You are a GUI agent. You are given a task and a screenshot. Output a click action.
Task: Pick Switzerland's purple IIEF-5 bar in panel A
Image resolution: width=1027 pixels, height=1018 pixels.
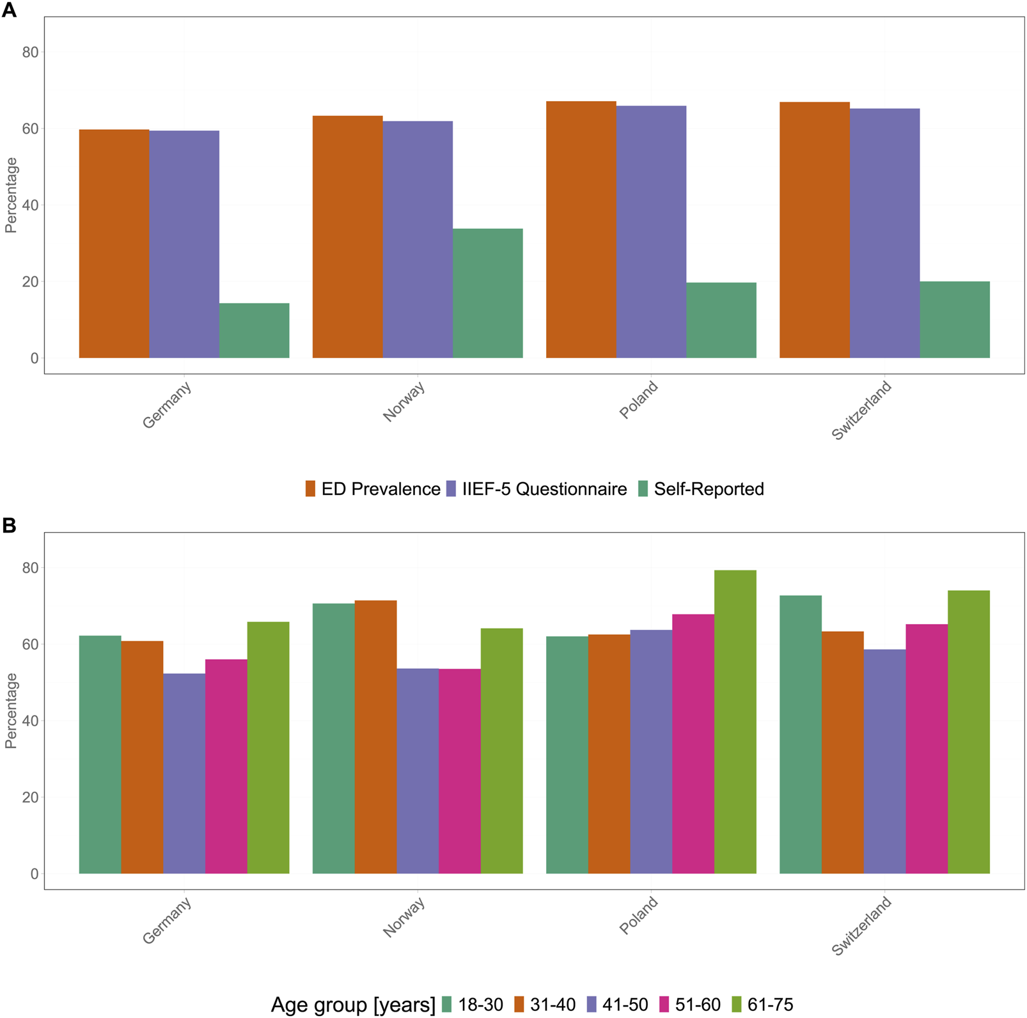pyautogui.click(x=884, y=233)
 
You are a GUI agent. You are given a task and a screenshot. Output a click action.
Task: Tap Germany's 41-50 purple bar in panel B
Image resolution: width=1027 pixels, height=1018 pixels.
pyautogui.click(x=184, y=773)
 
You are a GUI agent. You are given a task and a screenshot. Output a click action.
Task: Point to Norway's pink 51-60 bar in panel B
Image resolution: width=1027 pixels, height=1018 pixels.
pyautogui.click(x=459, y=771)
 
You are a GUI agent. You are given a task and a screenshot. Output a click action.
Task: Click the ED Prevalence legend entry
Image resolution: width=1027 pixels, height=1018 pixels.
pyautogui.click(x=373, y=489)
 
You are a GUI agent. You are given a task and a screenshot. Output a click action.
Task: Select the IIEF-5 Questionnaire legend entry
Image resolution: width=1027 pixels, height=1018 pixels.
pyautogui.click(x=537, y=489)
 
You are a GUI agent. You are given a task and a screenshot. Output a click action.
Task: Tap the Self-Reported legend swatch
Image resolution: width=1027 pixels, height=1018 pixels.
pyautogui.click(x=643, y=489)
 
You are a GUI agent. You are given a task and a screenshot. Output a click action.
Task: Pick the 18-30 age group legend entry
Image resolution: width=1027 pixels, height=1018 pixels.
pyautogui.click(x=472, y=1005)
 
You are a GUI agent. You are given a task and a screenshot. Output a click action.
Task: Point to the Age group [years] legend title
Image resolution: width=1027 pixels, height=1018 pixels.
pyautogui.click(x=353, y=1005)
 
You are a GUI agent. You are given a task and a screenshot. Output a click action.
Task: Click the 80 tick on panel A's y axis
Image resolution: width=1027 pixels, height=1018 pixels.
pyautogui.click(x=30, y=52)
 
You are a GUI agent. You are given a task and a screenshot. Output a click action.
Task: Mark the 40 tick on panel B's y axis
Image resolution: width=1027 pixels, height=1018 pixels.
pyautogui.click(x=30, y=721)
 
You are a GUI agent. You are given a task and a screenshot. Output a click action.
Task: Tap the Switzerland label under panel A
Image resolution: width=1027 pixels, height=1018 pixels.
pyautogui.click(x=861, y=410)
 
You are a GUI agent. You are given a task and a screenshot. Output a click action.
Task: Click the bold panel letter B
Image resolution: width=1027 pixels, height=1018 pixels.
pyautogui.click(x=9, y=526)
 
